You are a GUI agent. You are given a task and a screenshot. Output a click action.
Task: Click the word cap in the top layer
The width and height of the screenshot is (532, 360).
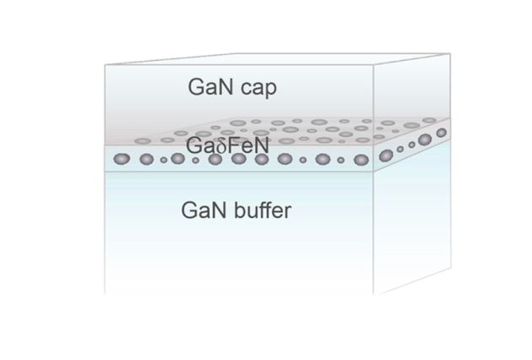[x=257, y=88]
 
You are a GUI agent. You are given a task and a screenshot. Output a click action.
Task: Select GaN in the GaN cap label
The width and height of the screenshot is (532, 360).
[x=210, y=87]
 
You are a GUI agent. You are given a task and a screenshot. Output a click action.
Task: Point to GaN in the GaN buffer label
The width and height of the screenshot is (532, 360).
[x=204, y=210]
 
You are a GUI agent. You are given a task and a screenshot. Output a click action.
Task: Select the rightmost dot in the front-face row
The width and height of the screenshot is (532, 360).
[x=361, y=159]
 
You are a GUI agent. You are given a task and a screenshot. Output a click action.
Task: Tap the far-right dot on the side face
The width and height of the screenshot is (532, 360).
[x=441, y=133]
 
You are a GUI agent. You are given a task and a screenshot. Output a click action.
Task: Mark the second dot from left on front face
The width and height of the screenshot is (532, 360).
[x=146, y=159]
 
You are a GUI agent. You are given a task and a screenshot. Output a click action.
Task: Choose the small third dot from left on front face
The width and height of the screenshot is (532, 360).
[x=164, y=159]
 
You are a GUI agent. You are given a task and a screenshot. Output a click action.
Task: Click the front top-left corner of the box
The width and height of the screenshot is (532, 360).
[x=105, y=65]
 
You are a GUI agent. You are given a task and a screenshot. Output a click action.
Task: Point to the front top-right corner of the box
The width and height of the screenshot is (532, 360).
[x=375, y=65]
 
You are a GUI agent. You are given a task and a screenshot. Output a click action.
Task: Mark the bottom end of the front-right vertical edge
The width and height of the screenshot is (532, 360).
[x=375, y=295]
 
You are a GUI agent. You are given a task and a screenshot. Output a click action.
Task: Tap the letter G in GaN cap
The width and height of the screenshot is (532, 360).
[x=196, y=87]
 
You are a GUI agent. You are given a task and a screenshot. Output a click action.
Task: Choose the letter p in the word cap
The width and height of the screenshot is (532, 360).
[x=269, y=90]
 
